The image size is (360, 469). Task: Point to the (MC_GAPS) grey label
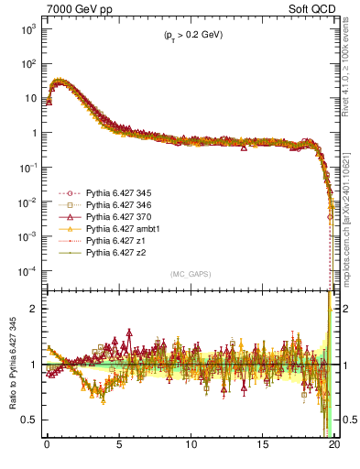(190, 274)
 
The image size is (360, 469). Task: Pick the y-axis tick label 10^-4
(27, 270)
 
